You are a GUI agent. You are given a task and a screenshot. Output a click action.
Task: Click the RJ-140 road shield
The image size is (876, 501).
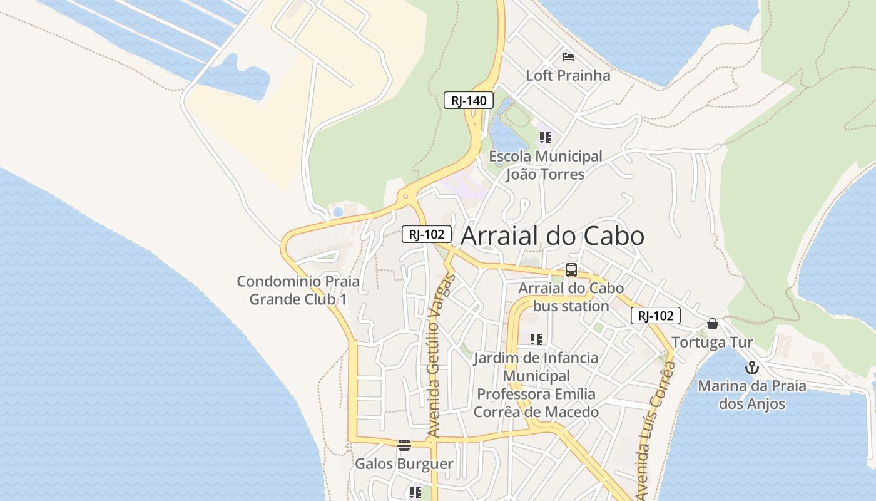click(469, 100)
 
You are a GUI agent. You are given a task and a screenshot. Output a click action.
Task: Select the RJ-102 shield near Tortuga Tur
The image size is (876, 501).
click(655, 316)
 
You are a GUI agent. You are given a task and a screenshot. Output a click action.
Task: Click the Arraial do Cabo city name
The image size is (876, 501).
click(553, 236)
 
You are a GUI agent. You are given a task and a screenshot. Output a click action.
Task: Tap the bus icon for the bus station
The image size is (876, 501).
click(571, 270)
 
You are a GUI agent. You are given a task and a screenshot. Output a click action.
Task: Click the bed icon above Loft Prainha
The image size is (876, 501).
click(568, 57)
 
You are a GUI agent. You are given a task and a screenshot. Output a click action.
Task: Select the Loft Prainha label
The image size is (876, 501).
click(568, 76)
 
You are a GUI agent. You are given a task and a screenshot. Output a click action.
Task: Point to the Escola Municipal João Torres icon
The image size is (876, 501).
click(545, 137)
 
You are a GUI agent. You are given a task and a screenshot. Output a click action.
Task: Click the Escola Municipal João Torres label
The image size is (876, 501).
click(545, 165)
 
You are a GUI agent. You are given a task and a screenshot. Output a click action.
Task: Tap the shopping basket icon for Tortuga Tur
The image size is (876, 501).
click(712, 324)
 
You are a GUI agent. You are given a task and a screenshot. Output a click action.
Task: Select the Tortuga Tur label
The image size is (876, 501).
click(712, 343)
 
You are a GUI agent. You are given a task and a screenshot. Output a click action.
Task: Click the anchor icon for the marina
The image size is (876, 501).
click(752, 368)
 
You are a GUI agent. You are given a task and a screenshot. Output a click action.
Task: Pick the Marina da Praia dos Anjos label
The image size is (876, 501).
click(752, 395)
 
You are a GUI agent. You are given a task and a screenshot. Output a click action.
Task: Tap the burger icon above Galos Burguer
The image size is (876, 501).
click(404, 445)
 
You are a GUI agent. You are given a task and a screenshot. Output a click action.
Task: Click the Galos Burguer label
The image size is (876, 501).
click(404, 464)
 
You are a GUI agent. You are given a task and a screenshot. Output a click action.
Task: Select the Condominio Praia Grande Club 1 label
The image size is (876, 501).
click(298, 290)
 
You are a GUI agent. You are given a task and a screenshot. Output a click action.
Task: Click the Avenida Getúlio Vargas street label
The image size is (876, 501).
click(441, 354)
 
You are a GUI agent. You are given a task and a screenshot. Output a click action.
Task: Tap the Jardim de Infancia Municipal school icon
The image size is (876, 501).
click(536, 339)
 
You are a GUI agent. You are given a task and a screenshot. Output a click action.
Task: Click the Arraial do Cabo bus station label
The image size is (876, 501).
click(571, 297)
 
